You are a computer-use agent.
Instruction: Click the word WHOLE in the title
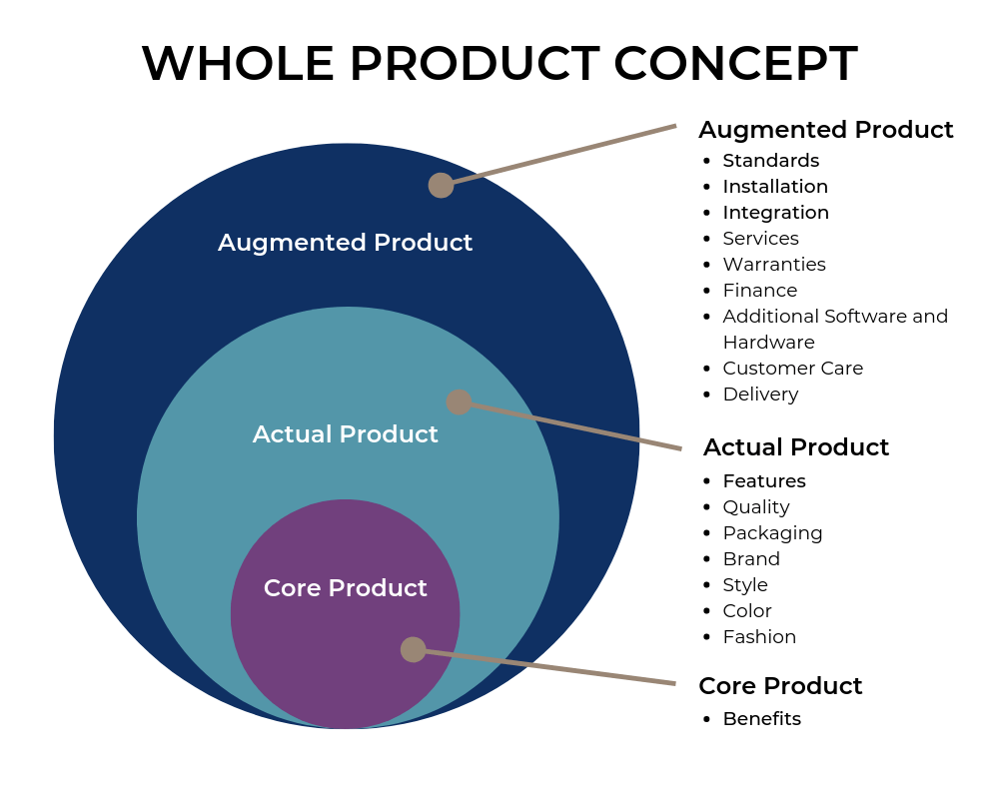238,64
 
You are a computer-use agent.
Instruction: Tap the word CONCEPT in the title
735,64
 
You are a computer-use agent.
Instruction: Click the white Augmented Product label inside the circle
345,243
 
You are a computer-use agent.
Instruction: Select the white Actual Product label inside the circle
345,434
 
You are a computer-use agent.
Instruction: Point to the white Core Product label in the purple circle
345,588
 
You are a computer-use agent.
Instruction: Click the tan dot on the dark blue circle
441,185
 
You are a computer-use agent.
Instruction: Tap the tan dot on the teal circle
459,401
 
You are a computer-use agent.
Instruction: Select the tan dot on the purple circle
413,649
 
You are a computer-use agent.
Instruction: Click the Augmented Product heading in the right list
825,130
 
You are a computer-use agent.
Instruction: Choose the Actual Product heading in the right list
795,447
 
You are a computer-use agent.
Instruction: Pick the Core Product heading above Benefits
780,686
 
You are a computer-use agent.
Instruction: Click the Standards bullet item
770,161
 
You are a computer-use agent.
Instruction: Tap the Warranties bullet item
774,265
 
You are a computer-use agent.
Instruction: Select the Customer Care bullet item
792,369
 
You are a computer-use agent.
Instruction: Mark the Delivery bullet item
760,395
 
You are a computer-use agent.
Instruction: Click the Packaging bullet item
772,533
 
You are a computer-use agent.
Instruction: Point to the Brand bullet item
751,559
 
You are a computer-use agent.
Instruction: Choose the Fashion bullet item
759,637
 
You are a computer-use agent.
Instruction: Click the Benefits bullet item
761,719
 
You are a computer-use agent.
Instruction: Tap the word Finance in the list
760,291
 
